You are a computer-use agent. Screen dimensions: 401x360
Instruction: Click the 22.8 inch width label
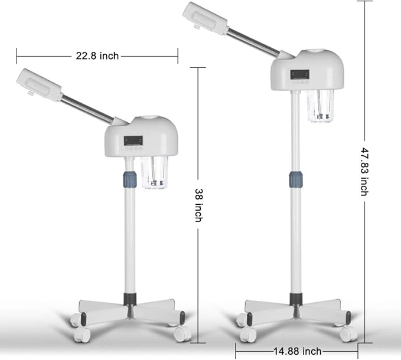coord(97,55)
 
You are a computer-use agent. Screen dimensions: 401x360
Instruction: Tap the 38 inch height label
coord(199,205)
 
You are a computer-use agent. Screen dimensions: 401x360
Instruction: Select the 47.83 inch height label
coord(364,172)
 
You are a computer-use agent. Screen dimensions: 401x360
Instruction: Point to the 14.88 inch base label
coord(298,351)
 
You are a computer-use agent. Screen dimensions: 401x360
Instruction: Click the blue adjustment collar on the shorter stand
coord(130,179)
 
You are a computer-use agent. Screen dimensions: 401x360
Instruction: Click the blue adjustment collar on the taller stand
coord(296,179)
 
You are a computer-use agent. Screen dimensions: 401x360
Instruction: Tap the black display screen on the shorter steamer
coord(133,140)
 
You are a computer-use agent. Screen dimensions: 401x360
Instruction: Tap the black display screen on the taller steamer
coord(300,74)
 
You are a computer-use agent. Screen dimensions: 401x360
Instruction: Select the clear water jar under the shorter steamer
coord(154,172)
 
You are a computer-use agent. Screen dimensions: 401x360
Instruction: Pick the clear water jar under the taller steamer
coord(321,106)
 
